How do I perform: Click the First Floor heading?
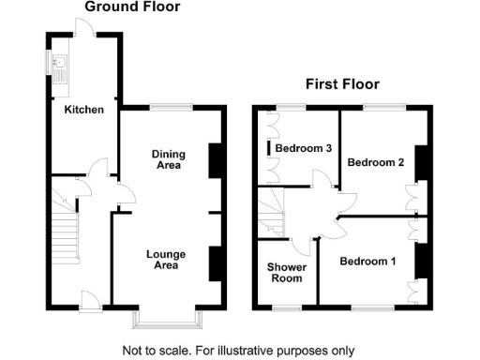[341, 84]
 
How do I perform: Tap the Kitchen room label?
[83, 110]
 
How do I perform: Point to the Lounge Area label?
[166, 260]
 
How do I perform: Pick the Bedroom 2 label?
[376, 162]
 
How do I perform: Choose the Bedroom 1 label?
[367, 261]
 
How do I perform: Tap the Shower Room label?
[285, 272]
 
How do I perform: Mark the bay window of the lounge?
[169, 322]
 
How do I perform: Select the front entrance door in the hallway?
[91, 302]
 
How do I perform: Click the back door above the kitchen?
[84, 28]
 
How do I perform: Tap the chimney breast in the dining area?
[214, 159]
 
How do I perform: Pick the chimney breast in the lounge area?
[214, 261]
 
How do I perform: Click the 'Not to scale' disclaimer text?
[239, 351]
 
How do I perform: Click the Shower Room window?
[286, 307]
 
